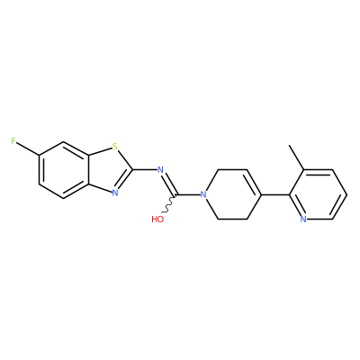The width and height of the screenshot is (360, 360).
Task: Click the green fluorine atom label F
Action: (x=13, y=141)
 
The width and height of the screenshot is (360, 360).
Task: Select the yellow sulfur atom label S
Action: (x=114, y=147)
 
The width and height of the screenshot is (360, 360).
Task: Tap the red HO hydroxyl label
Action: (x=157, y=220)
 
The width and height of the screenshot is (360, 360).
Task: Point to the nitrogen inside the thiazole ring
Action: (x=115, y=193)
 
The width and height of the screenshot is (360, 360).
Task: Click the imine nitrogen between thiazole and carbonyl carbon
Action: (x=160, y=170)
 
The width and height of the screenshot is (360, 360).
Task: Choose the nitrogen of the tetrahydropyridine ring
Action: (x=203, y=194)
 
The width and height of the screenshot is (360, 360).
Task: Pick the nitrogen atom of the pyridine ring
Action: (x=303, y=219)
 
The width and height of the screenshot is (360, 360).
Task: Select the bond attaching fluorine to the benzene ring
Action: (x=28, y=148)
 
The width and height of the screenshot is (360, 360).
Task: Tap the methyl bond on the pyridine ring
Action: (x=297, y=157)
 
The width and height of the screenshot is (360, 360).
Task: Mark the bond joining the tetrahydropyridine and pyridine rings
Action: (x=275, y=194)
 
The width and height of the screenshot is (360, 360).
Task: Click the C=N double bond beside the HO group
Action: (x=170, y=184)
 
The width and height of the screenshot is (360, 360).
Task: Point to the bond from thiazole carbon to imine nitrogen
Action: (x=145, y=170)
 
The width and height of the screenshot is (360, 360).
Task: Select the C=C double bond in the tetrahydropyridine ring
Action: (x=254, y=182)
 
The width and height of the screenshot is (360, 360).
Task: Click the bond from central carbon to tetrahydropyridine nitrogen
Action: (x=189, y=194)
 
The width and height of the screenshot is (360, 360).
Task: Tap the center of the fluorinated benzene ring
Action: (x=64, y=170)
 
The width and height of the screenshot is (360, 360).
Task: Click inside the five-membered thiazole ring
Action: (x=110, y=170)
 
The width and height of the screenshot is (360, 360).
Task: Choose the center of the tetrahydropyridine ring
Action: (x=232, y=194)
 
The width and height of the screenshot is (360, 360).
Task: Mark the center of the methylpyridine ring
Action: (x=318, y=194)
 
